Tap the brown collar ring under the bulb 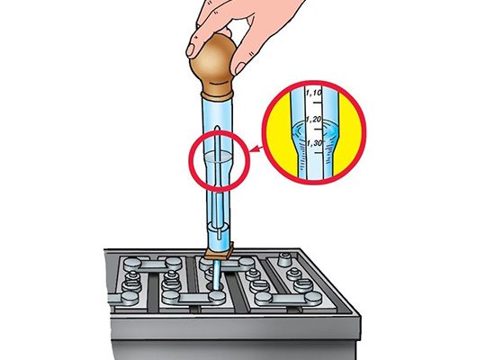coord(217,95)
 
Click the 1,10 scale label coord(313,93)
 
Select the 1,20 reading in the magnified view coord(313,120)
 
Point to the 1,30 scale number coord(315,143)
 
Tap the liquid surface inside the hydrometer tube coord(217,157)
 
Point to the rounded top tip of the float coord(217,127)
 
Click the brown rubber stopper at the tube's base coord(219,253)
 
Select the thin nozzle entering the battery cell coord(216,274)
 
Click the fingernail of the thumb coord(191,50)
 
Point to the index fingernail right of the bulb coord(239,67)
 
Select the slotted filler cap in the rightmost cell coord(303,285)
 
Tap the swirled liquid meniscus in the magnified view coord(314,131)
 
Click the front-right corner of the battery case coord(359,316)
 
